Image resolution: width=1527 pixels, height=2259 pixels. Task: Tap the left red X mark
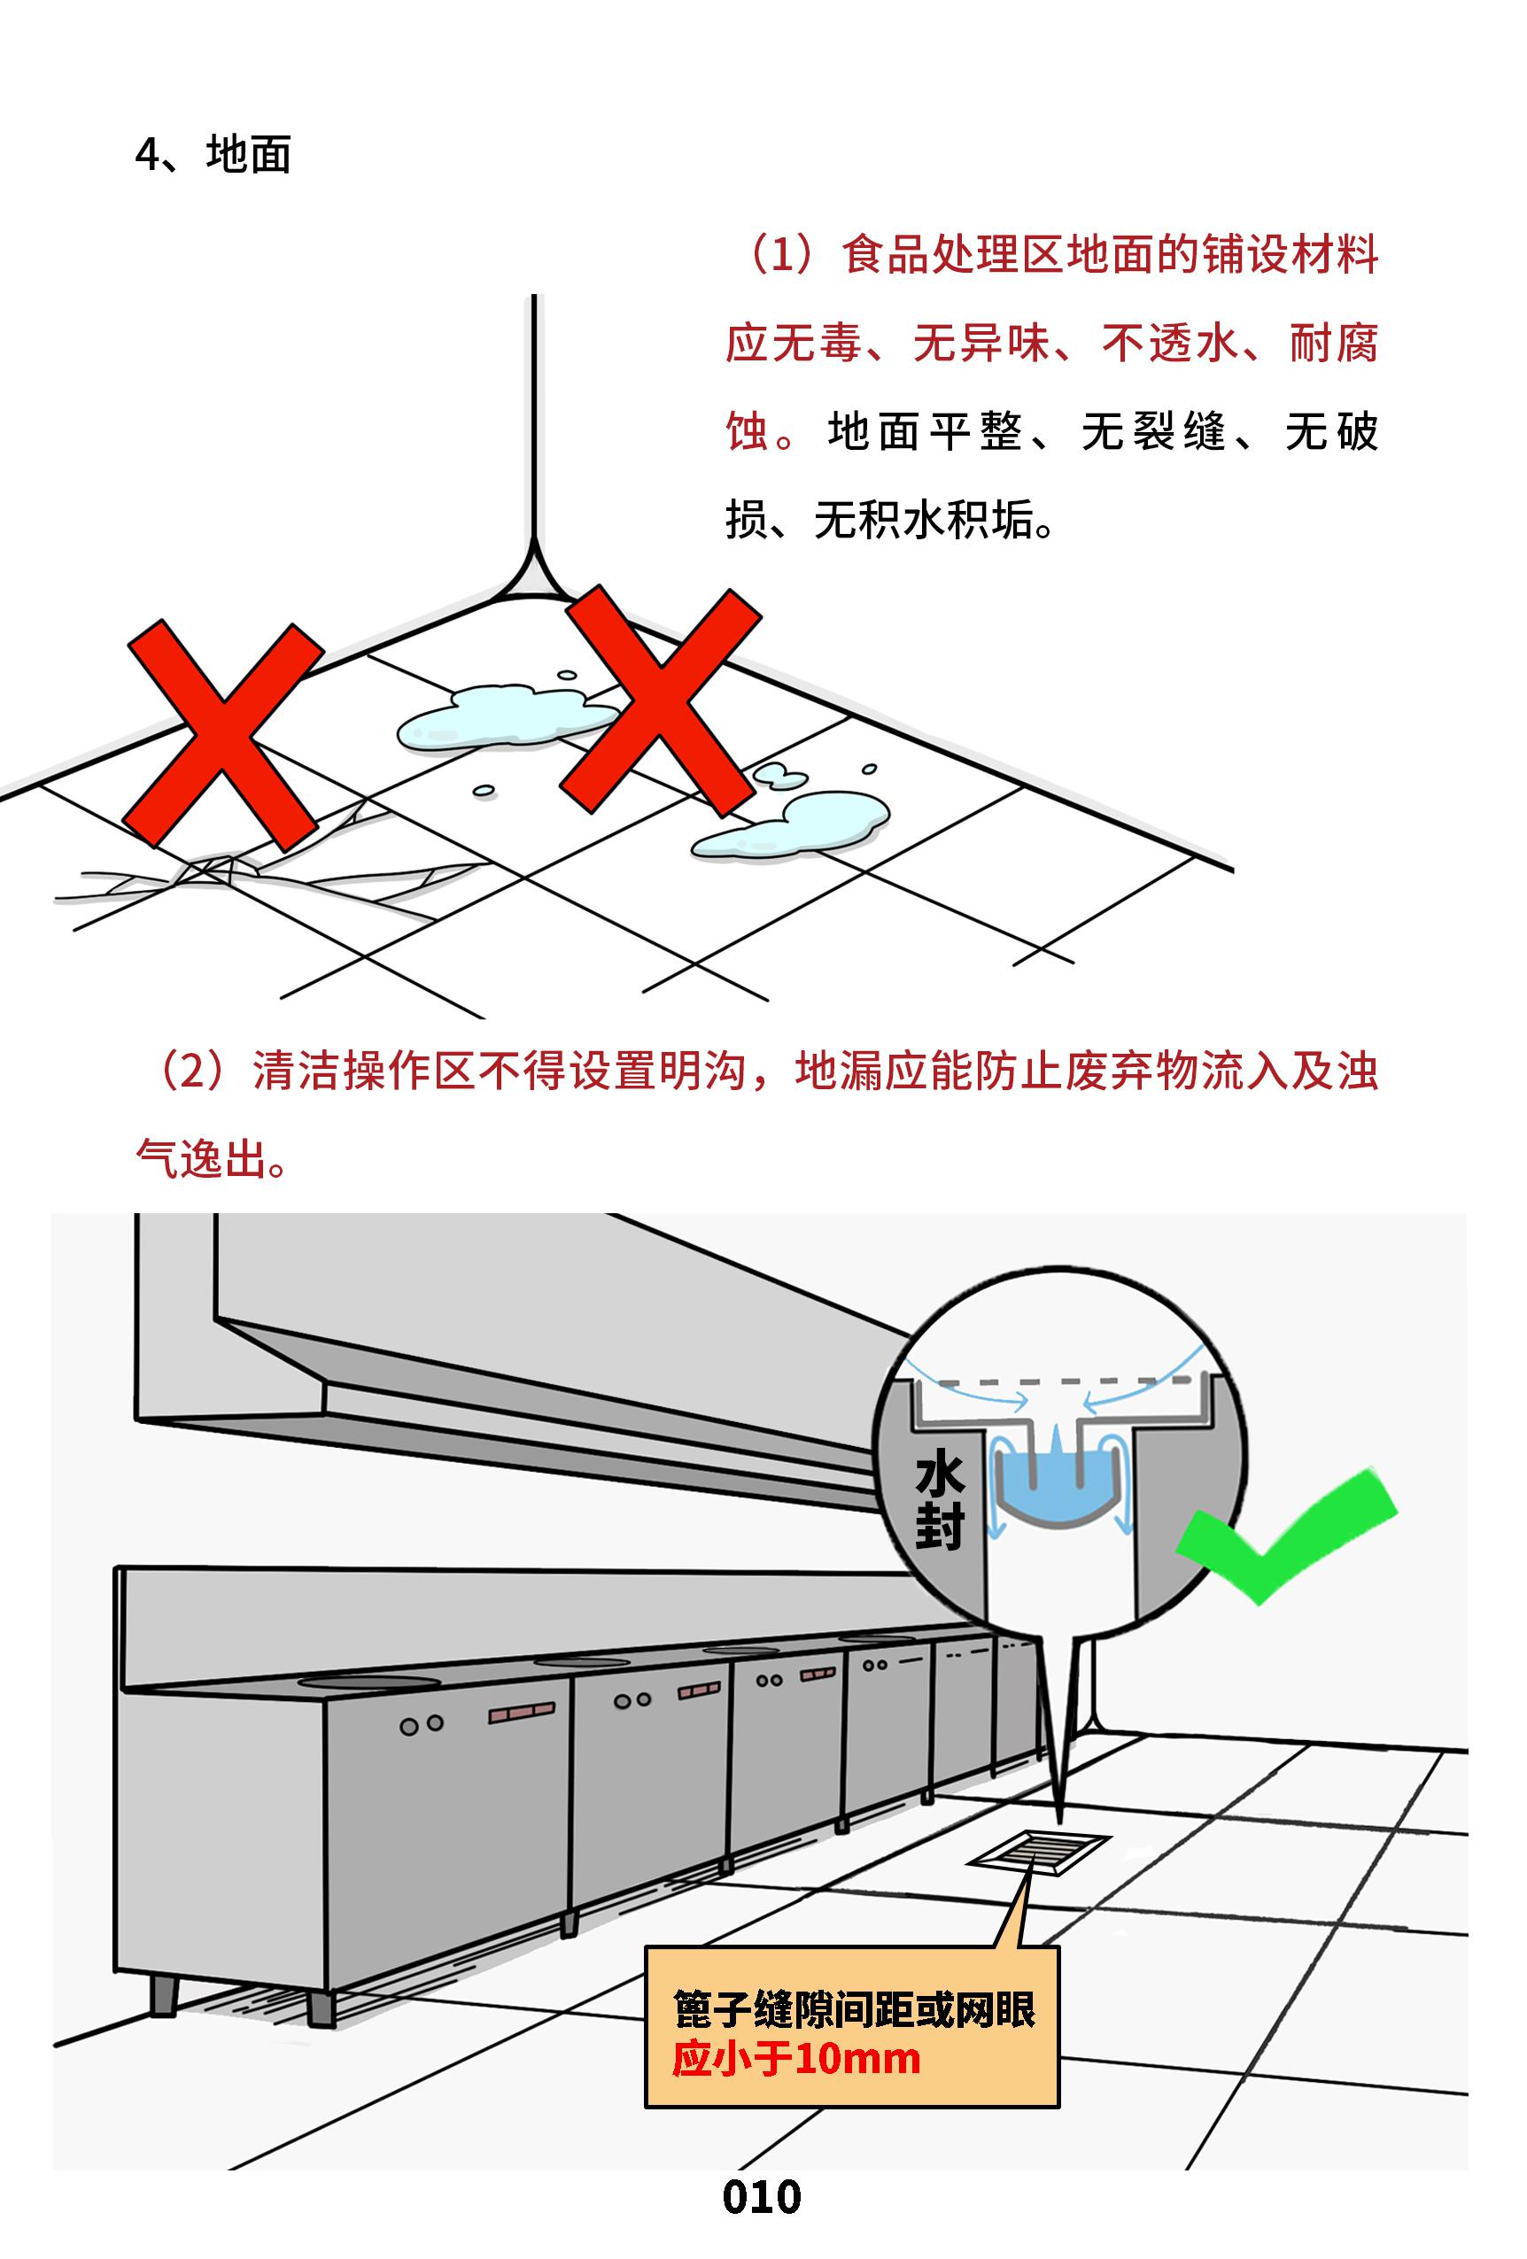(224, 734)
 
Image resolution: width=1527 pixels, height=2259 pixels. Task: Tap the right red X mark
(660, 699)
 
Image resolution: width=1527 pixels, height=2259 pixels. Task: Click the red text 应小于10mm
(796, 2058)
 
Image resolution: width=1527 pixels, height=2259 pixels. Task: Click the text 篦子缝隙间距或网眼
(855, 2009)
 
